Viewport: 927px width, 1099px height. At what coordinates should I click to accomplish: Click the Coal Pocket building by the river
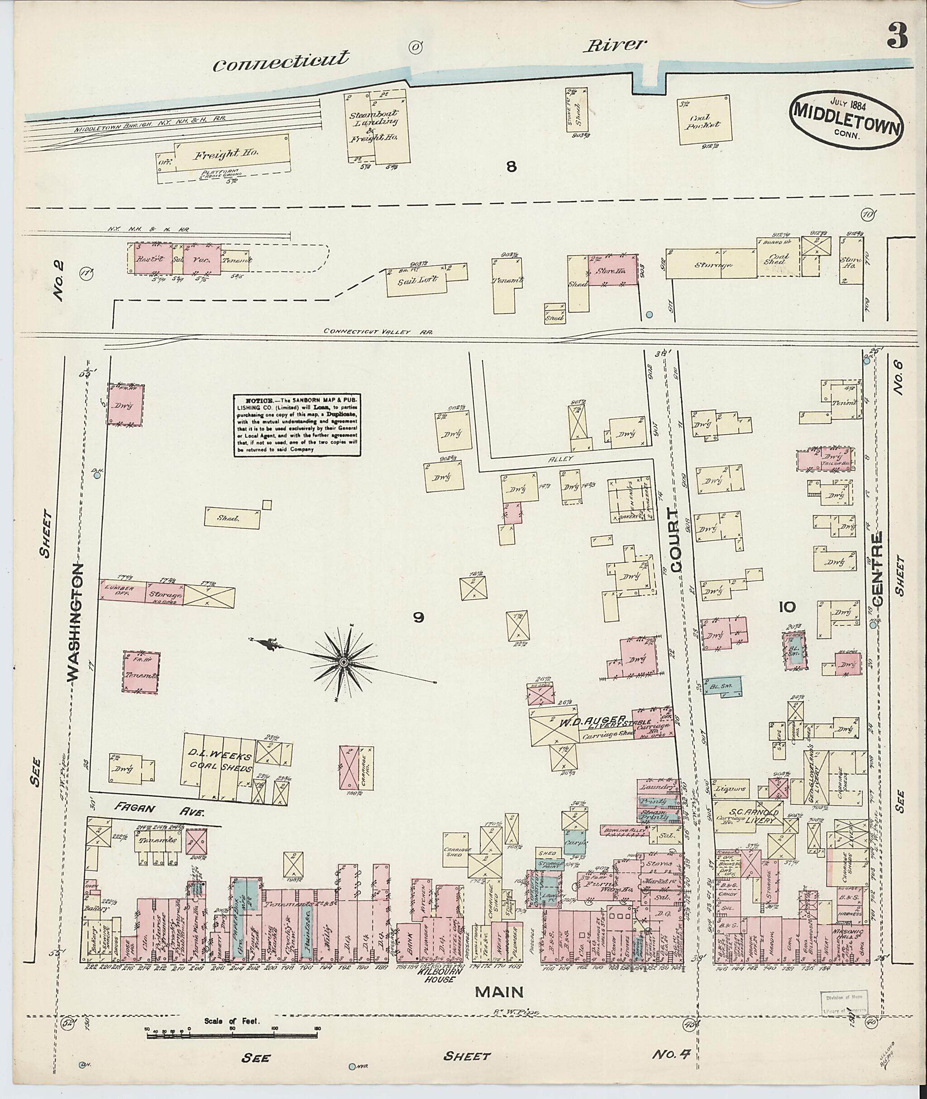tap(704, 120)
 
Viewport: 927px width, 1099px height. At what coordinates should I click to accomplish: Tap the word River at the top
tap(613, 46)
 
